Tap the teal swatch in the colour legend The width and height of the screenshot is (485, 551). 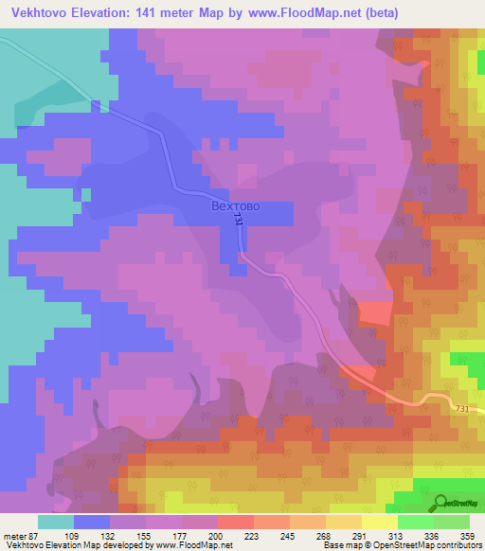click(56, 522)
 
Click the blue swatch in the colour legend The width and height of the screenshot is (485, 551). click(92, 522)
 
